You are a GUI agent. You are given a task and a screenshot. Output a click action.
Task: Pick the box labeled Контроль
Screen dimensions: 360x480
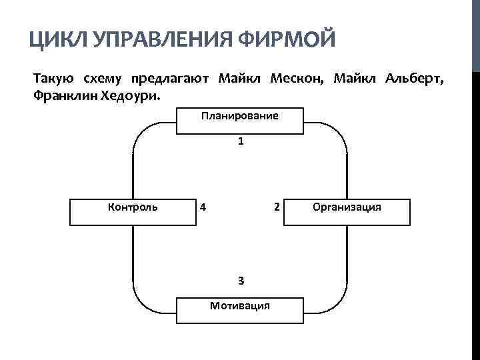coord(133,211)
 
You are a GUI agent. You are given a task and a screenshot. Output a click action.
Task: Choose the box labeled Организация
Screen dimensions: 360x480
coord(347,211)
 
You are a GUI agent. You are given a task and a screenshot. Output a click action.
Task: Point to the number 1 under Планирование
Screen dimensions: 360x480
coord(241,142)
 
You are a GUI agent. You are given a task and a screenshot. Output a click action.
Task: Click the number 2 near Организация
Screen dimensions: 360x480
coord(276,206)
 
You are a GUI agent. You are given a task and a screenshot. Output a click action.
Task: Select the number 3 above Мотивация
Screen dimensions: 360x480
coord(241,280)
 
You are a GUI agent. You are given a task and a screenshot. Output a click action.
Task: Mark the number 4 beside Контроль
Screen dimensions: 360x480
coord(203,206)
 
